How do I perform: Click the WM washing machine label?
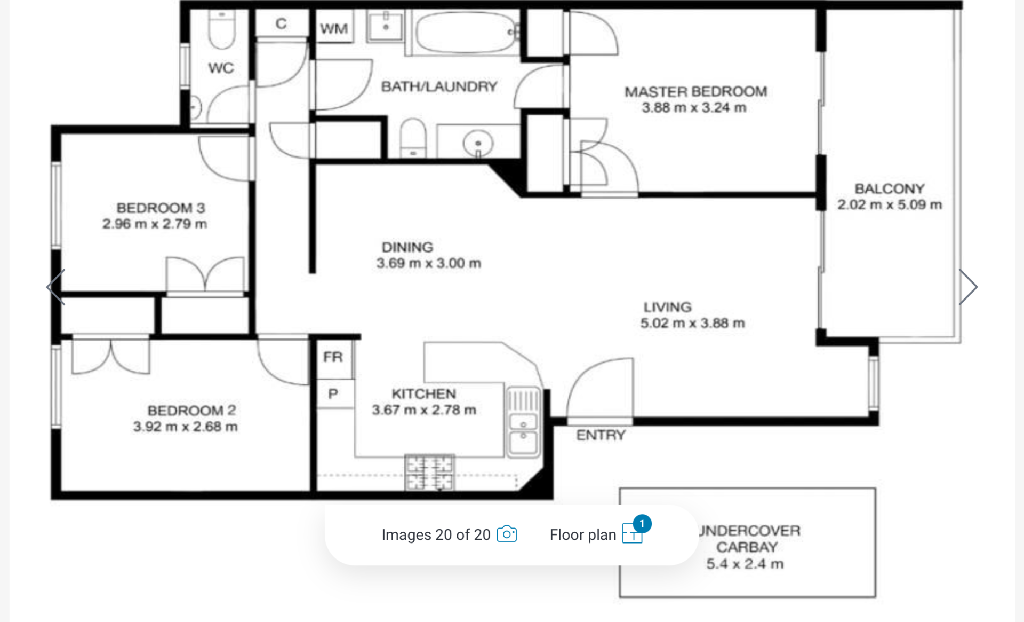pyautogui.click(x=334, y=28)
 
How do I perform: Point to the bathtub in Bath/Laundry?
pyautogui.click(x=466, y=33)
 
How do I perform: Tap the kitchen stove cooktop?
pyautogui.click(x=429, y=473)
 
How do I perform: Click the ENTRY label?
pyautogui.click(x=601, y=435)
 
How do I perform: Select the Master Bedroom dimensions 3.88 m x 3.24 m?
pyautogui.click(x=694, y=108)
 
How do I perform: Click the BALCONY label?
pyautogui.click(x=889, y=188)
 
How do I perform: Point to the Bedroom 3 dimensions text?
pyautogui.click(x=155, y=224)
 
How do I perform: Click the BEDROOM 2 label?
pyautogui.click(x=191, y=410)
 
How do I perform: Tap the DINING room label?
pyautogui.click(x=407, y=247)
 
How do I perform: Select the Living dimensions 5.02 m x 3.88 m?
pyautogui.click(x=692, y=323)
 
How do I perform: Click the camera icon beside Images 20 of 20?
pyautogui.click(x=507, y=534)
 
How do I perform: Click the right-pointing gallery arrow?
pyautogui.click(x=968, y=287)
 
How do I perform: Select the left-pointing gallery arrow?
pyautogui.click(x=55, y=287)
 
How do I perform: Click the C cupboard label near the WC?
pyautogui.click(x=281, y=23)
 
